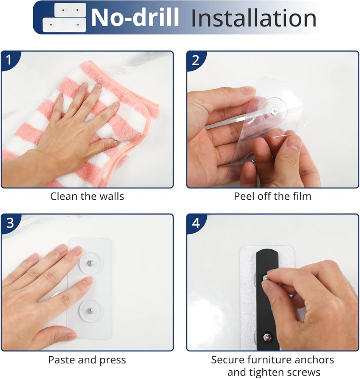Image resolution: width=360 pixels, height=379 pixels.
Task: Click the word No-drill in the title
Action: pyautogui.click(x=135, y=17)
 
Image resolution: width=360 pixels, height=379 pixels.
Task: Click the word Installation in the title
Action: pyautogui.click(x=254, y=18)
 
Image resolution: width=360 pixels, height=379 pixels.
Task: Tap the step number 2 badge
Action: pyautogui.click(x=195, y=60)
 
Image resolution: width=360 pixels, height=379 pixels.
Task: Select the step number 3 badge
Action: pyautogui.click(x=10, y=223)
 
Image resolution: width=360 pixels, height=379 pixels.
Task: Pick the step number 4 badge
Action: pyautogui.click(x=196, y=223)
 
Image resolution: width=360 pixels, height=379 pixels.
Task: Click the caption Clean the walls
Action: pyautogui.click(x=87, y=196)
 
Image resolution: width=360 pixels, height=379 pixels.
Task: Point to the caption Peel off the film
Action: pyautogui.click(x=273, y=196)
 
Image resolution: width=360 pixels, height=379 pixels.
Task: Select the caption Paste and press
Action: pyautogui.click(x=87, y=360)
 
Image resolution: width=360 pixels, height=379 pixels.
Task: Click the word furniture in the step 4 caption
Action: pyautogui.click(x=273, y=360)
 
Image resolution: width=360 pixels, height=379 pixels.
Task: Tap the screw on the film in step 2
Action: pyautogui.click(x=274, y=111)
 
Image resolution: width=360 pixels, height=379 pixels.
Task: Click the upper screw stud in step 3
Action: pyautogui.click(x=90, y=263)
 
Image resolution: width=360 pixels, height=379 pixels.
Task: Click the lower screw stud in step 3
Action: pyautogui.click(x=90, y=310)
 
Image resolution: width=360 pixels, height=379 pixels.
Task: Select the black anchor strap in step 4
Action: pyautogui.click(x=268, y=300)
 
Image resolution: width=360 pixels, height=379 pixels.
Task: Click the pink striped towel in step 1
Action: pyautogui.click(x=79, y=123)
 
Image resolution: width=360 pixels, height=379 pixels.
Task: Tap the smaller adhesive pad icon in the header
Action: pyautogui.click(x=70, y=10)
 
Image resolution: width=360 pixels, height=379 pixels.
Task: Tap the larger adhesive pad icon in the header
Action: pyautogui.click(x=64, y=25)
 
